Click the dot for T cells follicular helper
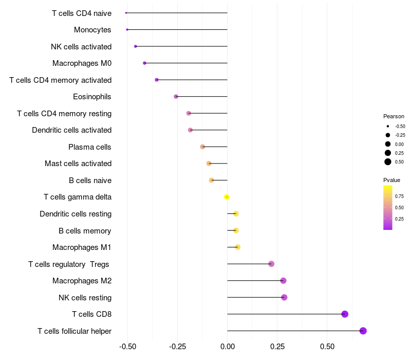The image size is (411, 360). click(x=363, y=331)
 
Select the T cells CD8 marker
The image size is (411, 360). click(x=345, y=314)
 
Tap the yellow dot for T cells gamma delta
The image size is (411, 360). click(x=227, y=197)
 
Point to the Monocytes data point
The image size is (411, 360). click(x=127, y=30)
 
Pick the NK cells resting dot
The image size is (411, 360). click(x=284, y=297)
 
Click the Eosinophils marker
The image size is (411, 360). click(x=176, y=97)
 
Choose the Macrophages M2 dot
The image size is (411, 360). click(x=283, y=281)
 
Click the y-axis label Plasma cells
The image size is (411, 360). click(x=90, y=147)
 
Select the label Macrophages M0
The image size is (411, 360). click(x=82, y=63)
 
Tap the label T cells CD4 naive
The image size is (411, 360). click(x=82, y=13)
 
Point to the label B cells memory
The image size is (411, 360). click(x=85, y=230)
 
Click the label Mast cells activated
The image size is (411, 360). click(x=78, y=164)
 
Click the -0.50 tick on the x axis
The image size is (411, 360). click(x=127, y=347)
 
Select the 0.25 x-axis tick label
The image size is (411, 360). click(x=277, y=347)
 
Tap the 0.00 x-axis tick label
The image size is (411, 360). click(x=227, y=347)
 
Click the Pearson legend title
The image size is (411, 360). click(x=394, y=116)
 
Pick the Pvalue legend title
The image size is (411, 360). click(x=391, y=180)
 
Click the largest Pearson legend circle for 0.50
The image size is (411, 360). click(x=387, y=162)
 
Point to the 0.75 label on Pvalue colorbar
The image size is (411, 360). click(x=399, y=196)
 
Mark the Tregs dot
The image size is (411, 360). click(x=271, y=264)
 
